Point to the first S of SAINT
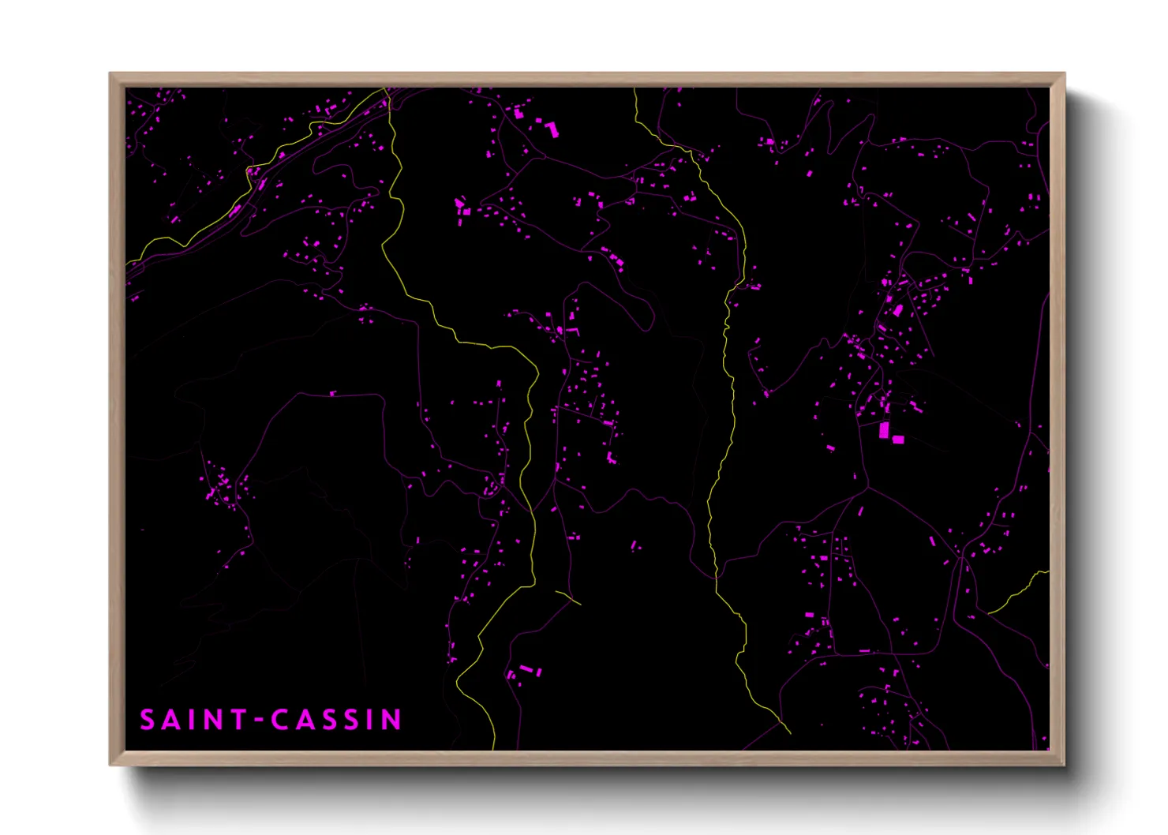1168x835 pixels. [x=147, y=720]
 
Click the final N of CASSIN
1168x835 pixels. [x=391, y=720]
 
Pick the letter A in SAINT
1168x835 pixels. [x=170, y=720]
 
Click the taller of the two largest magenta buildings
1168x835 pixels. [x=884, y=430]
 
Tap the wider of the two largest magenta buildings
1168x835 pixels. [x=897, y=440]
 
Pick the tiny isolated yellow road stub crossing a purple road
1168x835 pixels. [x=569, y=597]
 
